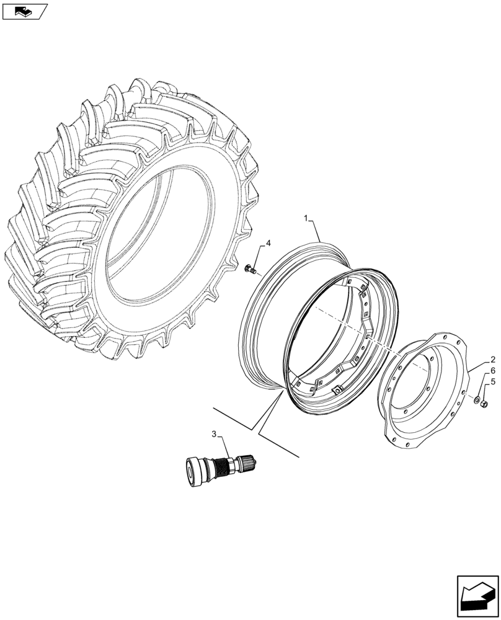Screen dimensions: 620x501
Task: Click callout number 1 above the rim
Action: click(x=306, y=218)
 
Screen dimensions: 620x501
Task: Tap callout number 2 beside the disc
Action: click(x=492, y=360)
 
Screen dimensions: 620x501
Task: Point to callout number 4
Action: click(x=268, y=243)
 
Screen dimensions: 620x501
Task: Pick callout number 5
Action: click(x=492, y=382)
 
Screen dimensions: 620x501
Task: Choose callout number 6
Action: click(x=492, y=371)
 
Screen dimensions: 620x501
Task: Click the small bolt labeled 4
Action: click(x=250, y=268)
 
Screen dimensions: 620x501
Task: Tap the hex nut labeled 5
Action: click(x=484, y=404)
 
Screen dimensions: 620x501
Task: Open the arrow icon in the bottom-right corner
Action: click(x=477, y=596)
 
